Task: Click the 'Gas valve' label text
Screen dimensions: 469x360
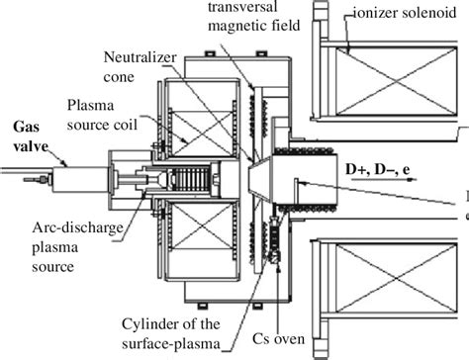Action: click(x=31, y=136)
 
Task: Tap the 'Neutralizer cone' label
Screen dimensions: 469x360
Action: click(x=140, y=67)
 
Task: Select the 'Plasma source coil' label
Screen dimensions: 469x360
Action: click(x=102, y=116)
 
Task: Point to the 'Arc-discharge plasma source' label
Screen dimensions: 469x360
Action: click(x=77, y=247)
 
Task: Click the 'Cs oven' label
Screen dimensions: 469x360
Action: click(x=279, y=338)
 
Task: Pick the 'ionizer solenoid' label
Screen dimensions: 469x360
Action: click(x=405, y=13)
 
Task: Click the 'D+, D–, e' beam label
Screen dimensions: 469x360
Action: click(x=378, y=169)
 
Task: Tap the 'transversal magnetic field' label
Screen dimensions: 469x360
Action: click(x=254, y=16)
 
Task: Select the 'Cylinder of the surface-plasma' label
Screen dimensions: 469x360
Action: click(x=171, y=333)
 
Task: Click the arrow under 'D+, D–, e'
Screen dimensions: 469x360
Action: click(x=384, y=180)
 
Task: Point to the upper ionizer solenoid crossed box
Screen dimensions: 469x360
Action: click(x=396, y=81)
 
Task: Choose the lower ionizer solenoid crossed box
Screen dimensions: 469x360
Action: click(x=396, y=278)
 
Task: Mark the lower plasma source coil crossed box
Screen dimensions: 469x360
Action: click(x=203, y=225)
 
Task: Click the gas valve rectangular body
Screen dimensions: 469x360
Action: click(x=80, y=179)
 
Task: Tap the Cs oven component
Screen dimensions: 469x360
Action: click(x=275, y=238)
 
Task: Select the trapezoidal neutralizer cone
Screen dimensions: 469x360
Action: click(x=260, y=180)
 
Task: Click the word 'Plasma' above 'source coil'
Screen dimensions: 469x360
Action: click(x=91, y=106)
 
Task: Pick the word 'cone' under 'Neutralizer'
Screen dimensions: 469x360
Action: click(x=119, y=77)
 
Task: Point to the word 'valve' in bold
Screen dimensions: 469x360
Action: click(x=31, y=146)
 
